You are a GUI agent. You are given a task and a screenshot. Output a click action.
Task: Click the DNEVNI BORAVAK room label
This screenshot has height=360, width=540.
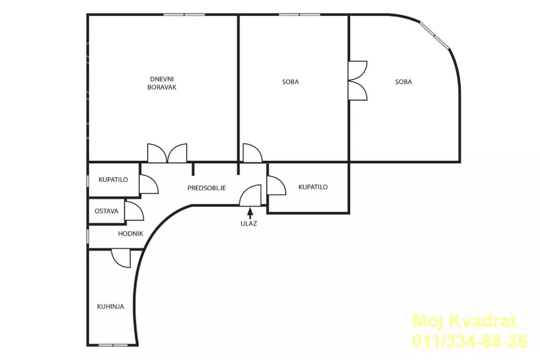[162, 83]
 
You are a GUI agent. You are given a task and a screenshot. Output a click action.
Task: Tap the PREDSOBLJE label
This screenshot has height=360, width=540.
[207, 188]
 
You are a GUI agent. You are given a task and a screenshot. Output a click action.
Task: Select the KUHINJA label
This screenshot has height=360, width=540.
[110, 306]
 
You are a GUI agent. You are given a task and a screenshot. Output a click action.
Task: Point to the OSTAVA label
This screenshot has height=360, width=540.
[106, 211]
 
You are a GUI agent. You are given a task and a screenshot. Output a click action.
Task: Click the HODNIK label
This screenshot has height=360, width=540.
[130, 234]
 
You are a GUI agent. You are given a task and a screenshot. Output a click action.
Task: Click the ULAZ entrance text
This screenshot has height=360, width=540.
[249, 224]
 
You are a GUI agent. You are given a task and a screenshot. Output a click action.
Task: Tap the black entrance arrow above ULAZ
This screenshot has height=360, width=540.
[250, 213]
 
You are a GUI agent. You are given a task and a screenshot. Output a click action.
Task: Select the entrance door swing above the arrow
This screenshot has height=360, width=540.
[251, 196]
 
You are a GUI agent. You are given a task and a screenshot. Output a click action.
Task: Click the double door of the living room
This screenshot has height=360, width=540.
[167, 153]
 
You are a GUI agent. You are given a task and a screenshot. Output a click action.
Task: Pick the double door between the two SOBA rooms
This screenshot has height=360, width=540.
[358, 81]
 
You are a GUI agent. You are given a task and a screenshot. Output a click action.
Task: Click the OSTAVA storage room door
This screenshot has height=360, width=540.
[134, 211]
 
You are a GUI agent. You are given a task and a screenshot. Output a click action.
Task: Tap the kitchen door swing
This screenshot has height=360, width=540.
[121, 258]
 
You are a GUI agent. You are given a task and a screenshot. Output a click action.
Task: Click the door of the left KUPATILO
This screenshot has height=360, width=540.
[149, 184]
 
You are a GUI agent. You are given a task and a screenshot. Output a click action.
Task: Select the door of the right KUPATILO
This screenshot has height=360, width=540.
[276, 185]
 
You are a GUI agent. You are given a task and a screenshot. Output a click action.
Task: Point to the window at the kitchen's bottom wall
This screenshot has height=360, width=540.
[113, 345]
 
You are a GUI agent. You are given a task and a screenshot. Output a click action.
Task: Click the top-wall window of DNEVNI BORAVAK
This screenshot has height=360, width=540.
[184, 14]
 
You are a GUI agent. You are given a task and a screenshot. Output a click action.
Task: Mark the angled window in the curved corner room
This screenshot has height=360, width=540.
[435, 35]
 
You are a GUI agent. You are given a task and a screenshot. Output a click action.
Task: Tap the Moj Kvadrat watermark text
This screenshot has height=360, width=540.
[464, 321]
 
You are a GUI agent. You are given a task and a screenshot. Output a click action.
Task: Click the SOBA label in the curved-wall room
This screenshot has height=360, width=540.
[404, 82]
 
